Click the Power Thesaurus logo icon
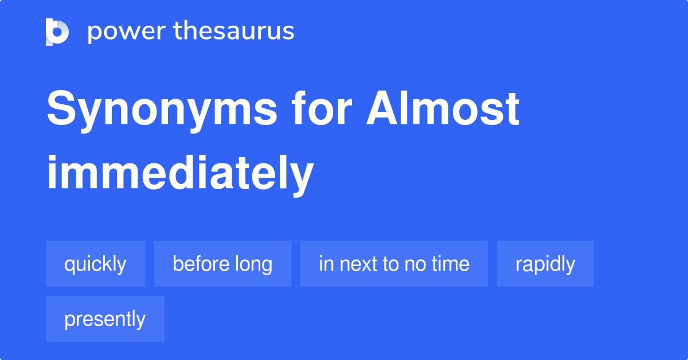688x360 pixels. (57, 32)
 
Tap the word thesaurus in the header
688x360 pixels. (234, 32)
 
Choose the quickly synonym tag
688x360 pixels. (95, 264)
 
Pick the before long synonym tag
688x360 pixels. (222, 264)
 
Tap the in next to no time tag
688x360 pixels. (394, 264)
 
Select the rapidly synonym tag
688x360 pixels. (545, 264)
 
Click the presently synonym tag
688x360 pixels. (105, 319)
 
